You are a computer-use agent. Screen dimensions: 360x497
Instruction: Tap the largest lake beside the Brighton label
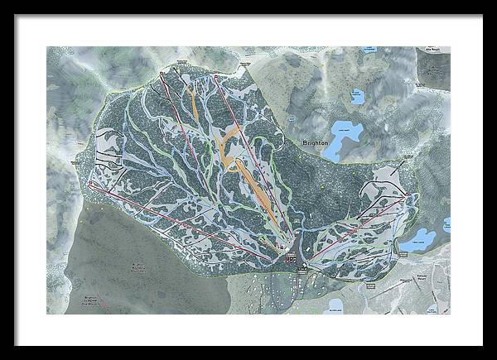(x=349, y=131)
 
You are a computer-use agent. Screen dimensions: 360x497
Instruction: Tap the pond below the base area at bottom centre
(x=335, y=309)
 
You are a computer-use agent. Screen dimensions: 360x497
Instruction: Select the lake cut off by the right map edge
(x=446, y=224)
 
